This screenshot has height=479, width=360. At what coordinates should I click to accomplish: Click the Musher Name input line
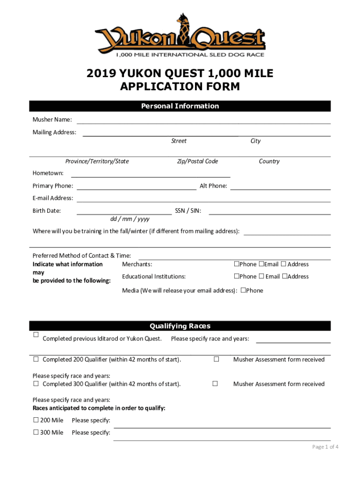203,121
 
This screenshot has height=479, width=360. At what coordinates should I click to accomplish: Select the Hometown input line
150,174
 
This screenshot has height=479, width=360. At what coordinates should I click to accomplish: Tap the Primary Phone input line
136,187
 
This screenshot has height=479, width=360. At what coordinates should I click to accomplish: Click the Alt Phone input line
280,187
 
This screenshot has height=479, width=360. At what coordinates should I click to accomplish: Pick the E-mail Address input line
203,199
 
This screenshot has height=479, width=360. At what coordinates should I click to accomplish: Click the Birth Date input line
123,211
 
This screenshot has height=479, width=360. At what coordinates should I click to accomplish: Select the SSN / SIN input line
269,211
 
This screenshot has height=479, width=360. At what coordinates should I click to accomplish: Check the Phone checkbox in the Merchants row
237,264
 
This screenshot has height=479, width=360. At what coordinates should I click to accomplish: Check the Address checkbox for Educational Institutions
284,276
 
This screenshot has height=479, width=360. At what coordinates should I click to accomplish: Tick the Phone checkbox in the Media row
243,290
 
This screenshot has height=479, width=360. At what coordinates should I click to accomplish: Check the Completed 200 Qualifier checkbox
36,360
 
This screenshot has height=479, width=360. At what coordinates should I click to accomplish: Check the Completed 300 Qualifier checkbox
36,384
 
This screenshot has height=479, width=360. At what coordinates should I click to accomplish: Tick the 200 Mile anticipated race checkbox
36,420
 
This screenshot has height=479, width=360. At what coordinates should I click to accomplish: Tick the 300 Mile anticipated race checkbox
36,432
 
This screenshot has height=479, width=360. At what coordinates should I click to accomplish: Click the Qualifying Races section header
180,326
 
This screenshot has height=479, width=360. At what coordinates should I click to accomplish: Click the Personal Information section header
180,106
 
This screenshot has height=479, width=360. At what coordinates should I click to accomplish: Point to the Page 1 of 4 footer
325,447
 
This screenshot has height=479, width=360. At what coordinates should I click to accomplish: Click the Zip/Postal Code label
197,161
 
